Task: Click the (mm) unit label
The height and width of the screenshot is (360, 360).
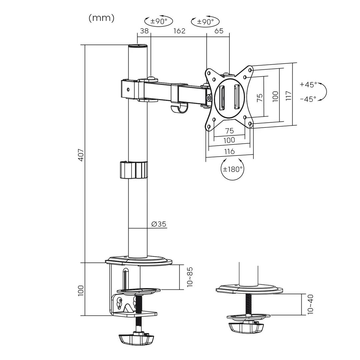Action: [x=102, y=18]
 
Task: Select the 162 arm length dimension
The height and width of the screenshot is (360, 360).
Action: [x=179, y=31]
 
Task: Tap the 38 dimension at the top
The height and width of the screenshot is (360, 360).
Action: [x=144, y=31]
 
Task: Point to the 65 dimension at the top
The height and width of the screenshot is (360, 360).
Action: [x=219, y=31]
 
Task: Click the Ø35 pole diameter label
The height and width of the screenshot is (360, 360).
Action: [x=159, y=224]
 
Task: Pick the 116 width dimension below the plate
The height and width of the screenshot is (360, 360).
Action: [x=229, y=152]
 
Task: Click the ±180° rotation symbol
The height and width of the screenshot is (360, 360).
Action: [x=232, y=169]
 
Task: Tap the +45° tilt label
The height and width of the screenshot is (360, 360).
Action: [x=308, y=84]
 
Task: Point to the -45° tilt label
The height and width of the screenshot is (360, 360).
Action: [x=308, y=99]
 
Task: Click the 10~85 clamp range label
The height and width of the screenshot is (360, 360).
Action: [x=190, y=277]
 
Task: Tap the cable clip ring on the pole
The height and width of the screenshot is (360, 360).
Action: [x=133, y=170]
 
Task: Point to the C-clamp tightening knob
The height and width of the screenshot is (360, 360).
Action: [x=136, y=340]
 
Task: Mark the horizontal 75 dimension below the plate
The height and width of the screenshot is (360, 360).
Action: [x=229, y=130]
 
